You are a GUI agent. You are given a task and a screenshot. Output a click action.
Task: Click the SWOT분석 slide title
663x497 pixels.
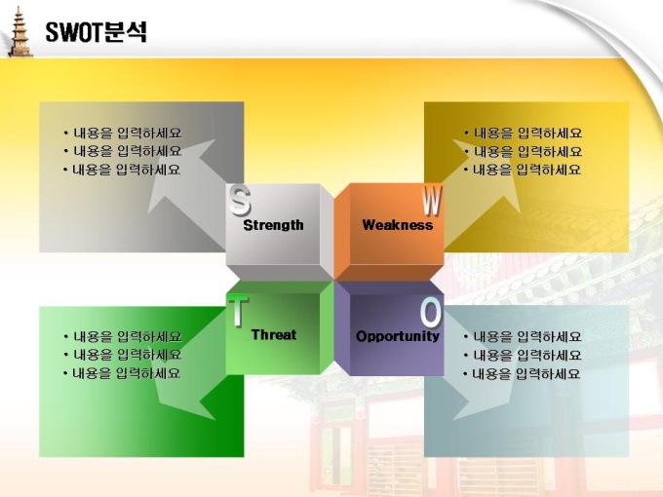click(96, 32)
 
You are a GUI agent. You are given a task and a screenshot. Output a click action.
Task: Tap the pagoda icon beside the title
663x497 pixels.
click(19, 32)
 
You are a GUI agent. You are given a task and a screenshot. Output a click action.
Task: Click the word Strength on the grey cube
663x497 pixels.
click(273, 225)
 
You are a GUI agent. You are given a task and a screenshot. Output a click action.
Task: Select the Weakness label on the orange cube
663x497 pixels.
click(398, 225)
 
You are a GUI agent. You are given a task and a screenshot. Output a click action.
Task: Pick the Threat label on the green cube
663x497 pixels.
click(274, 334)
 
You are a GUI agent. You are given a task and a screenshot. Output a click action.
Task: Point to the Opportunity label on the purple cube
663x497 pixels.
click(398, 336)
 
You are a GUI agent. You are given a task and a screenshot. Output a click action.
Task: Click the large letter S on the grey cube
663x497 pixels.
click(240, 201)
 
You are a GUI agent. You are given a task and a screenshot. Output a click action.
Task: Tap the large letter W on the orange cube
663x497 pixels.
click(432, 201)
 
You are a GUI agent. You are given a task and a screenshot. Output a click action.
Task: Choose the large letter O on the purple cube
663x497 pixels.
click(431, 313)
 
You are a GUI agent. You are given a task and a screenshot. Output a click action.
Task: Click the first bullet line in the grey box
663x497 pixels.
click(123, 134)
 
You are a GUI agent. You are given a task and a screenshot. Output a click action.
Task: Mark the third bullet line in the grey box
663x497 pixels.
click(122, 170)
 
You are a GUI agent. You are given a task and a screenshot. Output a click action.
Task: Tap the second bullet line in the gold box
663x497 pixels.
click(523, 152)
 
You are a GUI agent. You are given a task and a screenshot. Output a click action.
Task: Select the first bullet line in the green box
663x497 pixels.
click(123, 337)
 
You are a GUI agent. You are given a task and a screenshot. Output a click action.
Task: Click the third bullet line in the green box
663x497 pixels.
click(122, 373)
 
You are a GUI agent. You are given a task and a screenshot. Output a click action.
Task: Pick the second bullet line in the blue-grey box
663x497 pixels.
click(523, 356)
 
